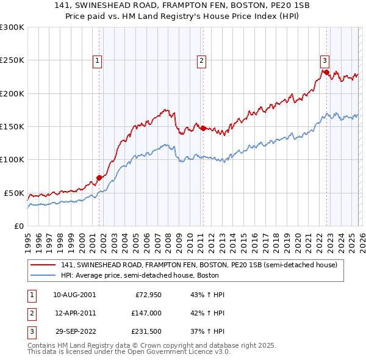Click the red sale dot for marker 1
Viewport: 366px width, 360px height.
coord(99,178)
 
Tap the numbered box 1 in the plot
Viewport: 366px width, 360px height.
coord(98,60)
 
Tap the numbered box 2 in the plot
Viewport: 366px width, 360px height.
coord(201,60)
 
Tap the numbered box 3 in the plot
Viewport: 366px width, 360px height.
coord(325,60)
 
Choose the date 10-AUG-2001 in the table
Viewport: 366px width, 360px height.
coord(74,295)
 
